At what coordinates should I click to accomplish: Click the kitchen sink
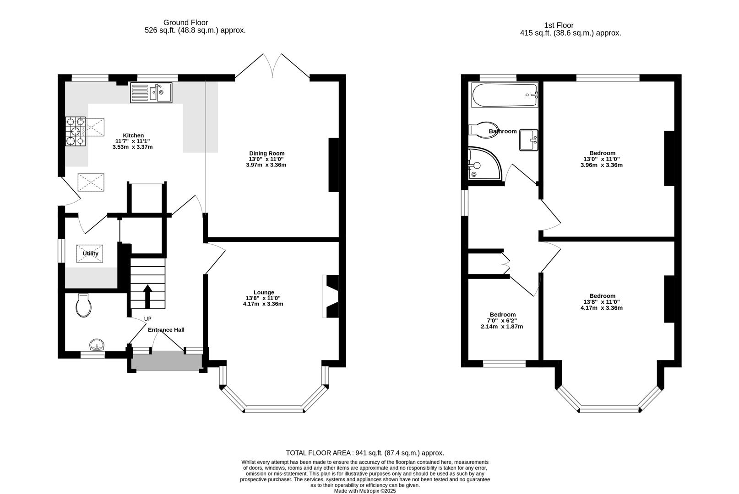tap(151, 93)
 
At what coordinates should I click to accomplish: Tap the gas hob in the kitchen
tap(76, 132)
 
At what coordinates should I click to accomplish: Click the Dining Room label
tap(266, 153)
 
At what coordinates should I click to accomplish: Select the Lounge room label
tap(264, 292)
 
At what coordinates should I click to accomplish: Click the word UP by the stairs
tap(147, 319)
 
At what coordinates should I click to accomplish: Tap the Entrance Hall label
tap(166, 330)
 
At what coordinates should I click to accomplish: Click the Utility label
tap(90, 253)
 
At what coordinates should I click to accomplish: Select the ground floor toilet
tap(83, 306)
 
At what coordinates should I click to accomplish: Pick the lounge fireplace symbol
tap(331, 296)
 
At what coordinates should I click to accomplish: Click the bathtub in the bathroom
tap(504, 95)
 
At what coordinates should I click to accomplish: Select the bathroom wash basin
tap(529, 140)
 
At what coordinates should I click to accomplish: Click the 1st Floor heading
tap(559, 26)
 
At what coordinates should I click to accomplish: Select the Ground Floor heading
tap(185, 22)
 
